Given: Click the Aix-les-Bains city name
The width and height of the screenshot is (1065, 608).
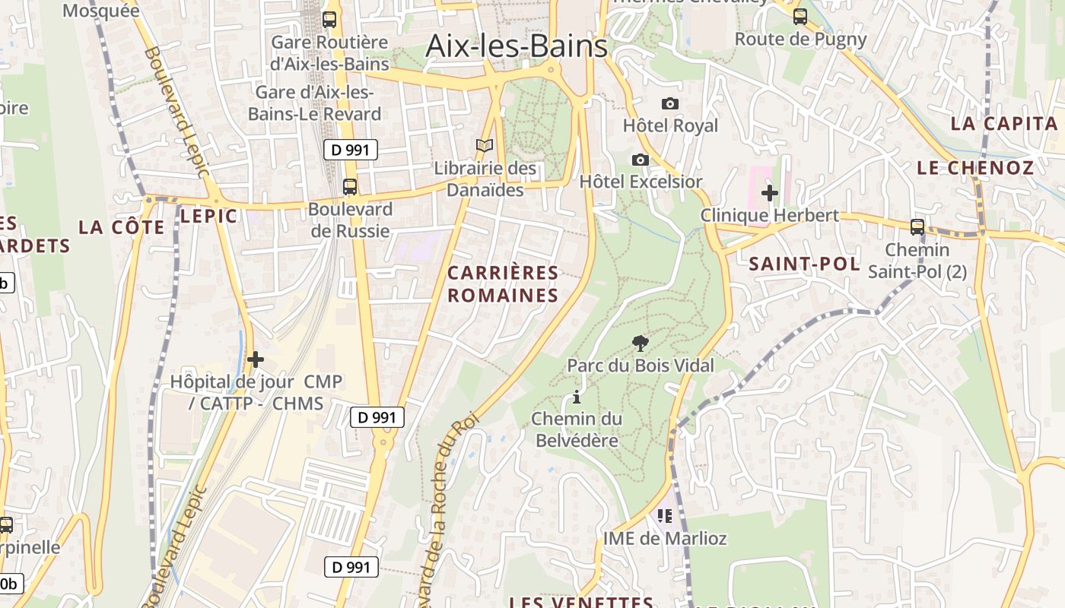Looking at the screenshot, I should coord(517,46).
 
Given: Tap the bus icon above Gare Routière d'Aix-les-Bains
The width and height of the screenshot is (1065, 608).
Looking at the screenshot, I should coord(329,20).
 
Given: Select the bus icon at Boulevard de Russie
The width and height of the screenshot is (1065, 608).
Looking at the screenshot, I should coord(350,186).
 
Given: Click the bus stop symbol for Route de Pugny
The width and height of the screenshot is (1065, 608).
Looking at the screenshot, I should coord(800,16).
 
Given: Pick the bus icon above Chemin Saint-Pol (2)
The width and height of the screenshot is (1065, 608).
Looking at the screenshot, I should coord(917,226).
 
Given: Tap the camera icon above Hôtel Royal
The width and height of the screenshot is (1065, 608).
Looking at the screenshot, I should coord(670,103).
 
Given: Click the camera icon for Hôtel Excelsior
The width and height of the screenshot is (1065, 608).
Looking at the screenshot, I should coord(641,160).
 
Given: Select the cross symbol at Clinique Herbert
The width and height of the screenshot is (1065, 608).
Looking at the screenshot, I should coord(770,193).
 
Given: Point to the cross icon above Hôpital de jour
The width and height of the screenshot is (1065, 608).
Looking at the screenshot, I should coord(256,359).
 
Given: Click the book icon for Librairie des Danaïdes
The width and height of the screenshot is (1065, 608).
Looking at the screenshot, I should coord(485,145).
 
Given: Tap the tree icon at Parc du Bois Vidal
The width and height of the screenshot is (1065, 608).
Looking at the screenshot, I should coord(641,344).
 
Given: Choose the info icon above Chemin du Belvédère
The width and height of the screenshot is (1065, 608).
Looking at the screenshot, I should coord(577,397).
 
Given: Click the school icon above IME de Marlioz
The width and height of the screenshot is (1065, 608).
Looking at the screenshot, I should coord(665,516).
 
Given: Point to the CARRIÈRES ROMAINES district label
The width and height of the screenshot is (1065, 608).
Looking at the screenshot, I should coord(503,284).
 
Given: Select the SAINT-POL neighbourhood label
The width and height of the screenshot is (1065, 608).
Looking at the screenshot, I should coord(805,264).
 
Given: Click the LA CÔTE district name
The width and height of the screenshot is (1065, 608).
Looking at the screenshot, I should coord(122,227).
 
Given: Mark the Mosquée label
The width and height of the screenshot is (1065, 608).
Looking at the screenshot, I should coord(101,11).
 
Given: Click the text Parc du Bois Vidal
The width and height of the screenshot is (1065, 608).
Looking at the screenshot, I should coord(641,366).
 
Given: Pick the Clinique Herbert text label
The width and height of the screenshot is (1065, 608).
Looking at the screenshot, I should coord(770,215).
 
